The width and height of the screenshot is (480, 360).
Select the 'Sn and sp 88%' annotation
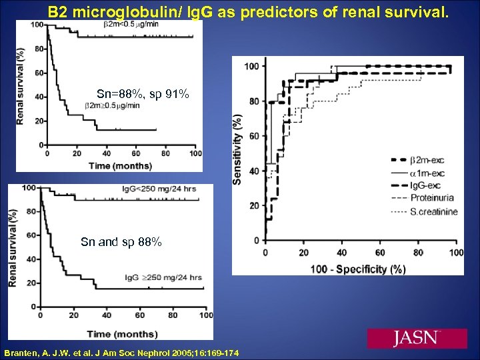tap(121, 242)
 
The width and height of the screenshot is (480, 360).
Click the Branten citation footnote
tap(117, 351)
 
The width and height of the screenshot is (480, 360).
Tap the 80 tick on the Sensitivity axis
tap(254, 101)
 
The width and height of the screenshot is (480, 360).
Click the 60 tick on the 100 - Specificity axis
tap(381, 254)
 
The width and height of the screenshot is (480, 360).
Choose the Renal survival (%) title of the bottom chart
tap(13, 247)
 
